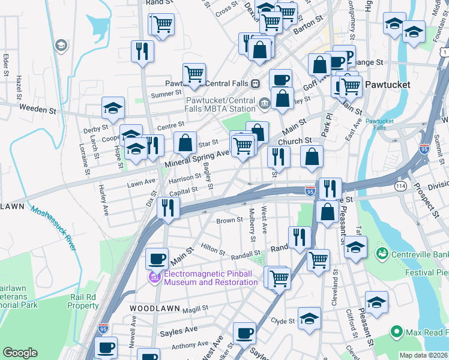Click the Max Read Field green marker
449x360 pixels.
396,331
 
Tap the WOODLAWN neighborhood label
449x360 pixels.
151,308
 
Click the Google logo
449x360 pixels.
20,353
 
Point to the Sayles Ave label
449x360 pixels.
178,330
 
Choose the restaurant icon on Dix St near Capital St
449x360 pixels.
167,208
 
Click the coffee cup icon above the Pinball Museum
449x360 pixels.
157,259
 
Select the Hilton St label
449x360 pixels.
212,248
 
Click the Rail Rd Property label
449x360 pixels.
83,301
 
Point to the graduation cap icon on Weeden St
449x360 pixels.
113,107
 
